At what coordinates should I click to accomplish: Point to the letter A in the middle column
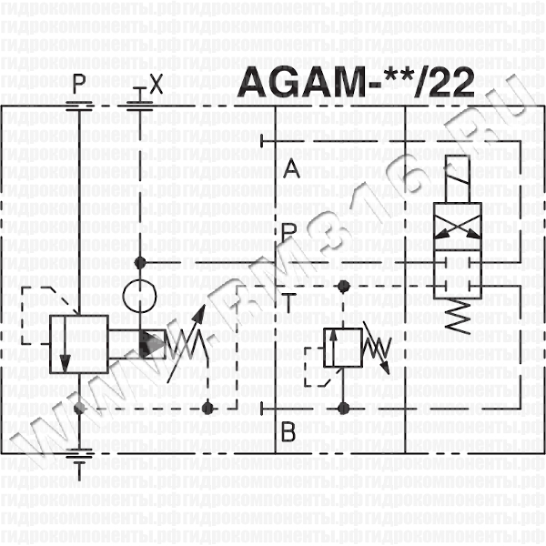(x=291, y=169)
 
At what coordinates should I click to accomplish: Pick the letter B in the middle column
(x=288, y=431)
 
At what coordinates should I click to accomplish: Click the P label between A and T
(x=289, y=233)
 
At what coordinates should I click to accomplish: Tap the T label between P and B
(x=288, y=302)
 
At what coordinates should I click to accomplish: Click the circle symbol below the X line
(x=140, y=296)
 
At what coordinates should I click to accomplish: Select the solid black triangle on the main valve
(x=151, y=344)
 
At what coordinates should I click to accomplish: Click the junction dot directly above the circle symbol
(x=140, y=262)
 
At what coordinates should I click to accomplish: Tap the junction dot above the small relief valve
(x=343, y=288)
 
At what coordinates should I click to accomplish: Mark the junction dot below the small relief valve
(x=343, y=407)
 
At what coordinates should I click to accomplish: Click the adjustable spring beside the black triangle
(x=191, y=343)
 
